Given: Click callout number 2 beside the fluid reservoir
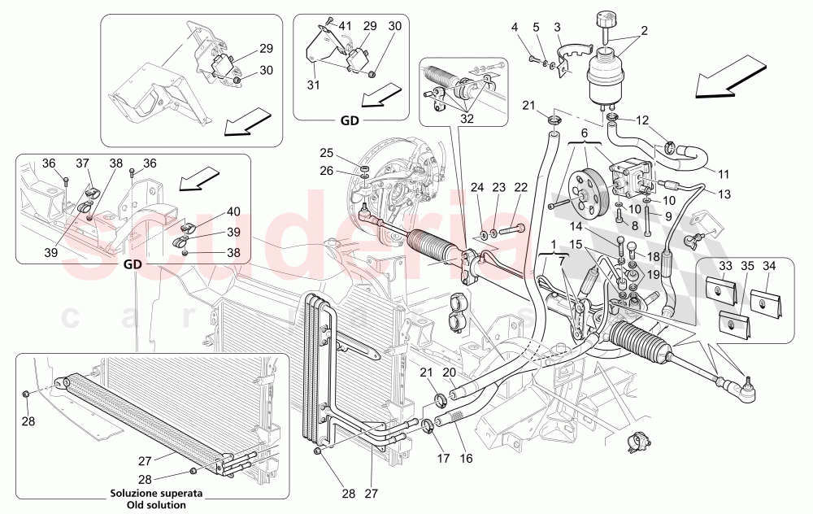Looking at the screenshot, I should click(x=645, y=32).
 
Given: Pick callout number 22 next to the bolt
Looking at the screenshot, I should click(x=520, y=188).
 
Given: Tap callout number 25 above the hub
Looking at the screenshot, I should click(x=326, y=153).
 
